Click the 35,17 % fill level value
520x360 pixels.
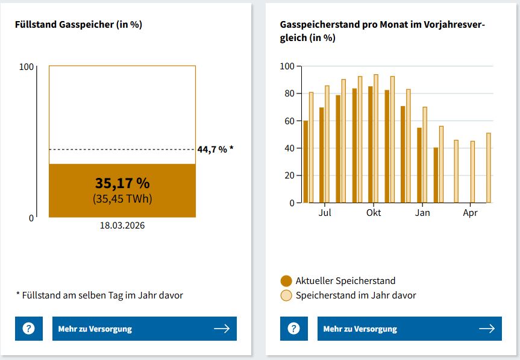click(122, 183)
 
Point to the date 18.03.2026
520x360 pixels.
click(122, 226)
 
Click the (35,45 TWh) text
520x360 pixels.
click(122, 199)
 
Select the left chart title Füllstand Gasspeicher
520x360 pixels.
click(78, 25)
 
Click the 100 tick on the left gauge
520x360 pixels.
click(27, 66)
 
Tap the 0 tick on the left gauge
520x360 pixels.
click(31, 218)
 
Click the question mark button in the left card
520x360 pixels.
click(29, 329)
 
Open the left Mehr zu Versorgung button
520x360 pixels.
click(145, 329)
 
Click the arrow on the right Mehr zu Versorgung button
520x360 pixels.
click(487, 329)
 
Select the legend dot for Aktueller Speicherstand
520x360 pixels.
click(286, 281)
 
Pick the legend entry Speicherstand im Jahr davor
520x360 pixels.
click(356, 295)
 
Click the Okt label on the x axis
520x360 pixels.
click(374, 213)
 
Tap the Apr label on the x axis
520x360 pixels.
click(470, 213)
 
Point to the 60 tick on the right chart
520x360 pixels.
click(290, 121)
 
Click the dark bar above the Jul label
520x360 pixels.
click(322, 155)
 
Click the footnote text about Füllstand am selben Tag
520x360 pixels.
click(99, 295)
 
